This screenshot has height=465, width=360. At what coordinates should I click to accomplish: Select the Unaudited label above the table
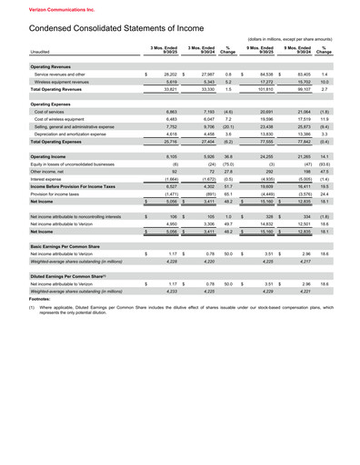point(40,52)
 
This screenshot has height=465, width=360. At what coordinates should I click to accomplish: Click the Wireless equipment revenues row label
point(68,83)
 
